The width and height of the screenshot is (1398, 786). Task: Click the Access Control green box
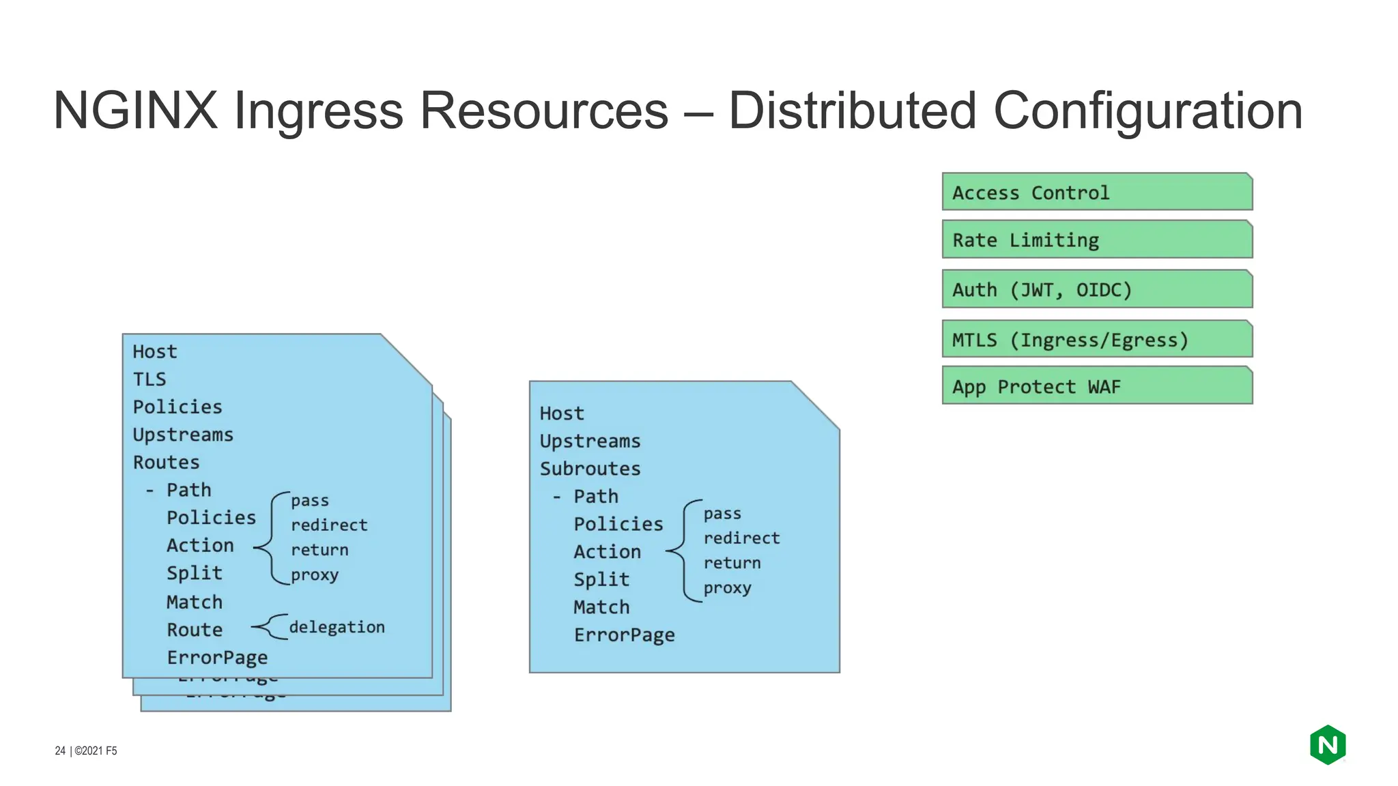1096,192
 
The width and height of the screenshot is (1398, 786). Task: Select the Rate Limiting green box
1096,239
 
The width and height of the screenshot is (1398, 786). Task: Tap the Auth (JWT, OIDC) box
1096,289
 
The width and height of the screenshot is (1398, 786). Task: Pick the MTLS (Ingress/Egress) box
1096,339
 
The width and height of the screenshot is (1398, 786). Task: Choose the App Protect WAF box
1096,386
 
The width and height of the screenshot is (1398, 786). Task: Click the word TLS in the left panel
149,379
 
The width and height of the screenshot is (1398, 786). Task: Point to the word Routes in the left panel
166,463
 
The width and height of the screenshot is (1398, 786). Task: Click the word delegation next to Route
337,627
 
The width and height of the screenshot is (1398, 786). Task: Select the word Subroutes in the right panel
590,469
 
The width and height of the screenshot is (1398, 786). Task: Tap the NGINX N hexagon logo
1327,745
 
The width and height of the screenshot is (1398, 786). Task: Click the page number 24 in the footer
60,751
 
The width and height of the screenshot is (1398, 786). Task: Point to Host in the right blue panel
561,413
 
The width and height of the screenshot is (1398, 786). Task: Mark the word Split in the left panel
195,573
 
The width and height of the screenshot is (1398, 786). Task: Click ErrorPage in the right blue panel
624,635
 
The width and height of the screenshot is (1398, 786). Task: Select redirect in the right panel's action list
741,538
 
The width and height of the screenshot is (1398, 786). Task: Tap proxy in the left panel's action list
314,575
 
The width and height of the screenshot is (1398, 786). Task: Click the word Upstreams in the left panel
183,435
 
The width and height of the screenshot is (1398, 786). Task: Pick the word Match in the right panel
601,607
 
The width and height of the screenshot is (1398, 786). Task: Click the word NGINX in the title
135,111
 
